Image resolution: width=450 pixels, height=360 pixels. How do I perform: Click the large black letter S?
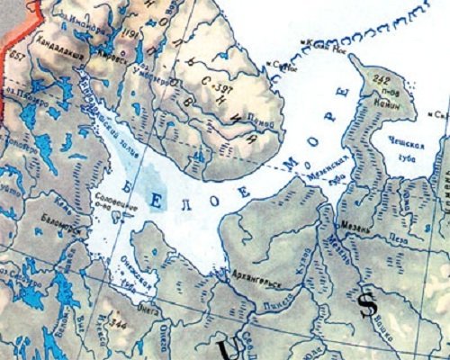[366, 305]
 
